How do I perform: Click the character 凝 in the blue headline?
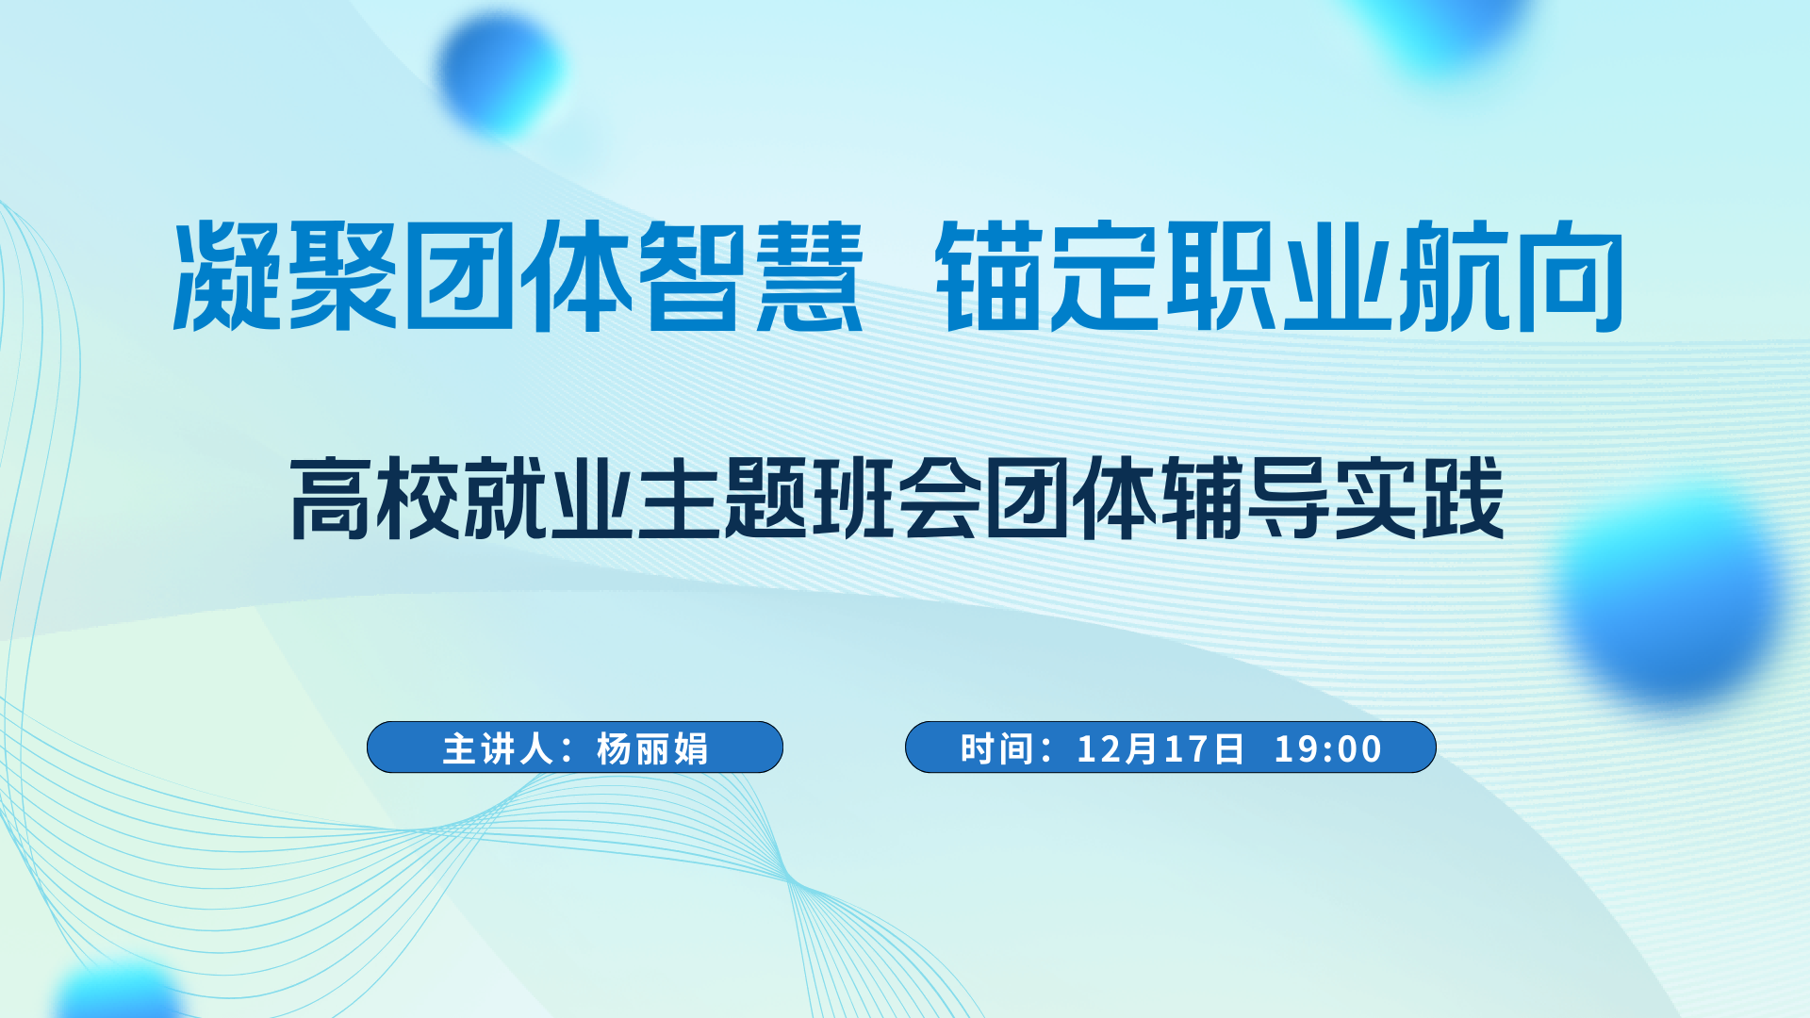[228, 275]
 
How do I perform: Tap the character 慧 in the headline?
[810, 275]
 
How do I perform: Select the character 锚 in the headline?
[991, 275]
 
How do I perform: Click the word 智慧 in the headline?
[751, 275]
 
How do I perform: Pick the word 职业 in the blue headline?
[1280, 275]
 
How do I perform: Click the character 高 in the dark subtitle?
[330, 498]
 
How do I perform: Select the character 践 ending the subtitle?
[1463, 498]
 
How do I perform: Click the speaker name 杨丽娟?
[652, 748]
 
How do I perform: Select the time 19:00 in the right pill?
[1328, 748]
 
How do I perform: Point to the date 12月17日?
[1160, 748]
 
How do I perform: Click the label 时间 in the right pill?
[998, 748]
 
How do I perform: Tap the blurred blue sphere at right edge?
[1670, 592]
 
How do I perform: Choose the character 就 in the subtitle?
[504, 498]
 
